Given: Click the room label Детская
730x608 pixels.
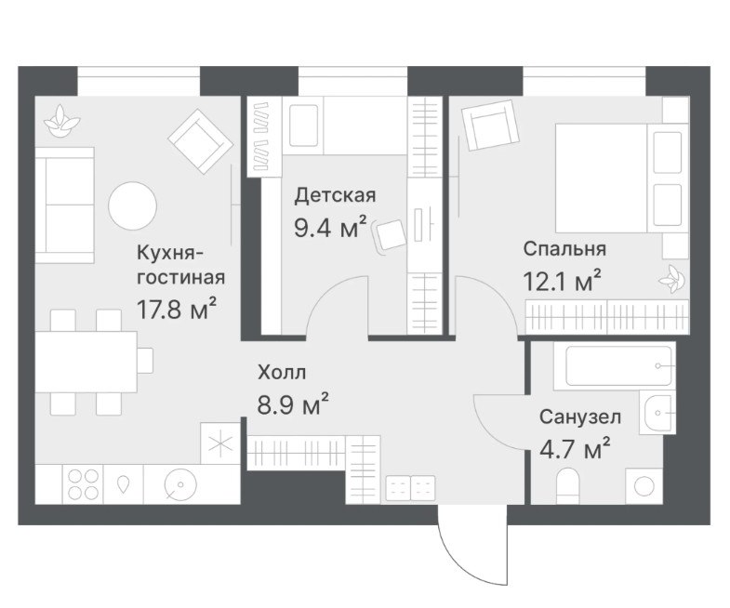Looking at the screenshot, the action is pos(335,195).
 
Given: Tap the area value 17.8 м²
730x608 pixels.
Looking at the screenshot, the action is pos(177,310).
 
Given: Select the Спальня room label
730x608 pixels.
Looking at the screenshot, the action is pos(564,248).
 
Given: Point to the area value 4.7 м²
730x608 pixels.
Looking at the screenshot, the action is pos(575,449).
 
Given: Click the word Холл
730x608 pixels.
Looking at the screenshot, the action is pos(282,373).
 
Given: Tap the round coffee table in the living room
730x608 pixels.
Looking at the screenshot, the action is pos(133,205).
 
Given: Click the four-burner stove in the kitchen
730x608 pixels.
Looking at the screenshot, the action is pos(84,483).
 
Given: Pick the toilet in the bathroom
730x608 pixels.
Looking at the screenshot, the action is pos(567,486).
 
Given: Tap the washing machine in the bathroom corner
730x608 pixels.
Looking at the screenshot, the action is pos(644,486).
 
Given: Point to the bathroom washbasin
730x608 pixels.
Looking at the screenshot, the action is pos(657,412).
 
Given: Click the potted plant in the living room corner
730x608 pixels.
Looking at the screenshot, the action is pos(61,121).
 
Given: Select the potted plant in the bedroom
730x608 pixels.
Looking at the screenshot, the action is pos(672,279).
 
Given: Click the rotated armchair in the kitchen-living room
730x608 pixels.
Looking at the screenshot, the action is pos(201,141).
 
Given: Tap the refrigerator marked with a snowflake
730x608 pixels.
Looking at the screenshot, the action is pos(219,443).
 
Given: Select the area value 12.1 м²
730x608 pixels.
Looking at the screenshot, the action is pos(562,281).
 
